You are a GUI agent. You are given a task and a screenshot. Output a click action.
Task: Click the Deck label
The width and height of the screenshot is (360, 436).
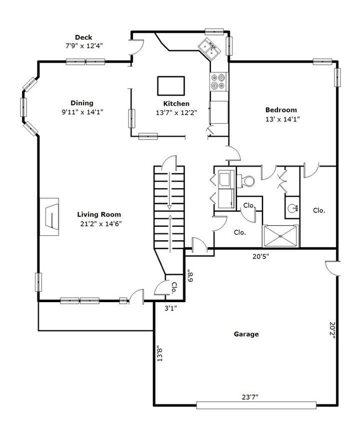click(84, 37)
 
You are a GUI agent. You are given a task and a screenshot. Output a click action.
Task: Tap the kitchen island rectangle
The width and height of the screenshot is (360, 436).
click(171, 86)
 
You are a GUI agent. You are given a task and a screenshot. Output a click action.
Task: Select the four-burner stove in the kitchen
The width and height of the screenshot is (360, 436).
click(218, 81)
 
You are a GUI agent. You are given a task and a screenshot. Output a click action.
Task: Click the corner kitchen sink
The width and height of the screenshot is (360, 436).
click(209, 49)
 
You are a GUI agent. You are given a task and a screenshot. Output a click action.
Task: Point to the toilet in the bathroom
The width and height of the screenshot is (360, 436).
click(245, 181)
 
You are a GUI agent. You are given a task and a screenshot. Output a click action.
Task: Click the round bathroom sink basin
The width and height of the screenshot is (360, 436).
click(292, 207)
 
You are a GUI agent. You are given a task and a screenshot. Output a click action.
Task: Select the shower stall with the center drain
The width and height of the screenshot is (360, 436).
click(281, 236)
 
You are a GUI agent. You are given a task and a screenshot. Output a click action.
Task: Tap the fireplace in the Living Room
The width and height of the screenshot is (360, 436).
click(49, 217)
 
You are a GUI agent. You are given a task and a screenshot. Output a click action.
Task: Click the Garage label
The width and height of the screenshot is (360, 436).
click(246, 334)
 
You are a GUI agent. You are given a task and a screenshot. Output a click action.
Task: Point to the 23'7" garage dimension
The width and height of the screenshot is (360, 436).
click(250, 397)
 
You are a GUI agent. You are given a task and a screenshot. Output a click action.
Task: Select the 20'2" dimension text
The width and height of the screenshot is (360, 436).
click(332, 330)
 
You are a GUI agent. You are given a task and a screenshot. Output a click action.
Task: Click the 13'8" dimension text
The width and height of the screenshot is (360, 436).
click(160, 353)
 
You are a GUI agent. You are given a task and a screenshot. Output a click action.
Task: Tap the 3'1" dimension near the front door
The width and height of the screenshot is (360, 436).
click(171, 308)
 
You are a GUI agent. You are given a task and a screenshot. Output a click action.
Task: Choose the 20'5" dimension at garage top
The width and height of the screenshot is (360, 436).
click(261, 256)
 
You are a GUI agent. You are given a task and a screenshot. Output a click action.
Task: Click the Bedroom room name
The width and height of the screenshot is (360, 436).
click(281, 110)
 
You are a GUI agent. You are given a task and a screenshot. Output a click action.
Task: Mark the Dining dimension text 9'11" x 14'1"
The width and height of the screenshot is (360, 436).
click(83, 112)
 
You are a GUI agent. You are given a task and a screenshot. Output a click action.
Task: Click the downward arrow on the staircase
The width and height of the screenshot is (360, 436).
click(169, 190)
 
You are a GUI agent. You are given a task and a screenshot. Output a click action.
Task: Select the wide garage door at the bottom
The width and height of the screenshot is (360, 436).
click(256, 405)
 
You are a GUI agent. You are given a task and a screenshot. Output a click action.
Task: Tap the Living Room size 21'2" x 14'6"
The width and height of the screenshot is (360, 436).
click(101, 224)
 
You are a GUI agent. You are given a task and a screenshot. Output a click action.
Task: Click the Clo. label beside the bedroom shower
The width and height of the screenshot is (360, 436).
click(319, 210)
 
